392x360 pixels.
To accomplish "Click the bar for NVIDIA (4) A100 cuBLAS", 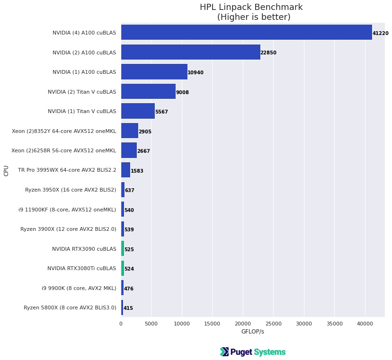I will tap(246, 33).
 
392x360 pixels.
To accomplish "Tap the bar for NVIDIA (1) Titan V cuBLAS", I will tap(138, 111).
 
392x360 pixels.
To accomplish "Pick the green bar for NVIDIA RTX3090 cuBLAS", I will tap(123, 249).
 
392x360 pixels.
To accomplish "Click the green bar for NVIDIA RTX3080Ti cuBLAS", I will tap(123, 268).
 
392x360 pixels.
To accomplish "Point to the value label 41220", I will tap(380, 34).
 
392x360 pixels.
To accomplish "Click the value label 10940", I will tap(196, 73).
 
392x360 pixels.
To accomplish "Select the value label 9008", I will tap(182, 92).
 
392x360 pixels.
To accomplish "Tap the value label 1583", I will tap(137, 171).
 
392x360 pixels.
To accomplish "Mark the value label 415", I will tap(128, 308).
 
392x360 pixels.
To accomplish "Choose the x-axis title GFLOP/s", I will tap(253, 332).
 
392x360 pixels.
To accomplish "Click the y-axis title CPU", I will tap(6, 170).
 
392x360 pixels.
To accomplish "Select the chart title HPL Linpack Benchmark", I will tap(251, 8).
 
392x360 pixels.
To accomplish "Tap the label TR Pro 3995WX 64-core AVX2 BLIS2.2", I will tap(67, 170).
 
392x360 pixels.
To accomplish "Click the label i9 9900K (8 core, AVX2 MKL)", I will tap(79, 288).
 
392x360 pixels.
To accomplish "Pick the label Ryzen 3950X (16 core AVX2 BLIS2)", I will tap(71, 190).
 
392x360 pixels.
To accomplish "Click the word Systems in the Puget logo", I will tap(269, 352).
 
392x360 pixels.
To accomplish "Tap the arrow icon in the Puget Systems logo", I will tap(224, 352).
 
